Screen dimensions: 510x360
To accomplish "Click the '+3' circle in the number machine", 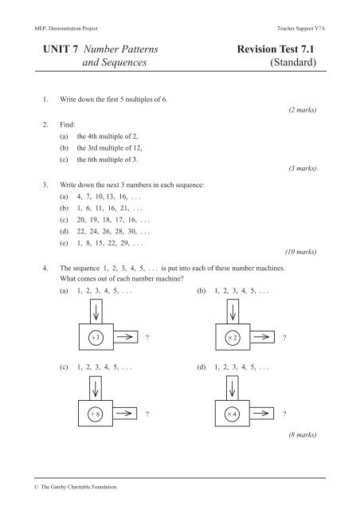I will tap(95, 337).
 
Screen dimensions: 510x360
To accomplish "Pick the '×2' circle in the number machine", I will tap(233, 337).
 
